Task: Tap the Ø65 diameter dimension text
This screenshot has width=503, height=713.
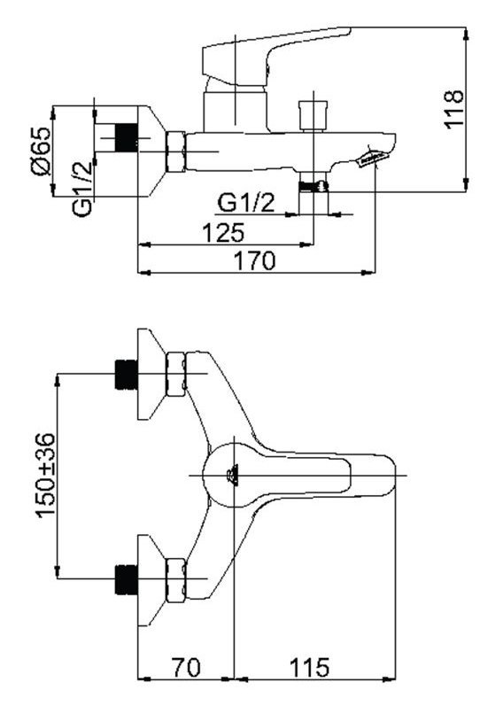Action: point(40,151)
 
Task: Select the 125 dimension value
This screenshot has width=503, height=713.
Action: point(223,232)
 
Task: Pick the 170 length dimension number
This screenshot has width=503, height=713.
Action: point(255,260)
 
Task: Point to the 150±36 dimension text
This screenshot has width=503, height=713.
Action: point(46,476)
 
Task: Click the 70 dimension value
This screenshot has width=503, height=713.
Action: point(186,668)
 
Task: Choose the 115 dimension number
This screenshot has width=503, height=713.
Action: point(309,668)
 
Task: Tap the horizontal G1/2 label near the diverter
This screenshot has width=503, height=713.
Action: point(247,203)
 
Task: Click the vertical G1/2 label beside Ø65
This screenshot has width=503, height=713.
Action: point(82,188)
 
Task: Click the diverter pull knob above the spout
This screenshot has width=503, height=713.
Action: point(313,115)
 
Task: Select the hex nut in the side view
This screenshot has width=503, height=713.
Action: point(175,151)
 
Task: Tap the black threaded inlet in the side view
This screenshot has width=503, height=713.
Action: point(128,137)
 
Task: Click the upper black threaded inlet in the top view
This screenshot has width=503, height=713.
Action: point(127,375)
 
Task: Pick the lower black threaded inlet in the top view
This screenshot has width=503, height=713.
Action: point(127,580)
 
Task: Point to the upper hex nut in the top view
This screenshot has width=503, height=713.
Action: point(176,374)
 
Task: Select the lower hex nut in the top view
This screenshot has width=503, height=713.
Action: point(176,580)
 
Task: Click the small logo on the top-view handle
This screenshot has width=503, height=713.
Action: point(232,475)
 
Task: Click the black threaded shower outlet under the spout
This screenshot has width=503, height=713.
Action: point(313,186)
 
